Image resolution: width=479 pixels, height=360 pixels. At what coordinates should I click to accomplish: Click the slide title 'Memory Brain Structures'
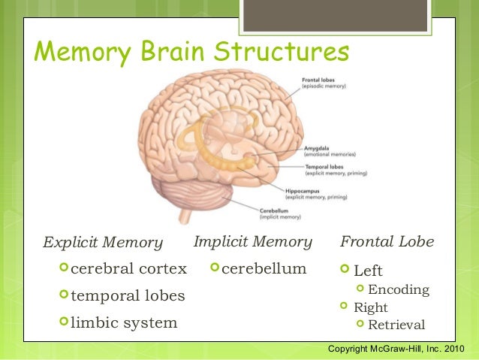(x=191, y=53)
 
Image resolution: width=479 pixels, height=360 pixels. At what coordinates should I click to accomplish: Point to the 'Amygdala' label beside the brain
(x=316, y=148)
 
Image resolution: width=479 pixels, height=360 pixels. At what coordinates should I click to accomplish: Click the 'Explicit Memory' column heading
(x=102, y=242)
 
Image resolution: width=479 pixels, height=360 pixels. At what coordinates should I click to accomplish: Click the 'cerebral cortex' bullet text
(x=128, y=269)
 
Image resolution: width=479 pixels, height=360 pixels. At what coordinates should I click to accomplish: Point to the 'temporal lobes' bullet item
(x=128, y=296)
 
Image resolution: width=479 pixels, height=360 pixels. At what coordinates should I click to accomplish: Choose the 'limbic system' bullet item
(x=124, y=323)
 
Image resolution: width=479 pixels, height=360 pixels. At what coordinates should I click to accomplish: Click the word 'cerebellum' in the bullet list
(x=264, y=268)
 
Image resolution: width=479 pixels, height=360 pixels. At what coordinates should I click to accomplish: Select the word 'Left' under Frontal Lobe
(x=368, y=271)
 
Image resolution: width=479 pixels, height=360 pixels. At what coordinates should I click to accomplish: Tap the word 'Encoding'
(x=399, y=289)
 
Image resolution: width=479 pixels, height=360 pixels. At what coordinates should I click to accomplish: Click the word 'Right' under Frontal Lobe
(x=370, y=307)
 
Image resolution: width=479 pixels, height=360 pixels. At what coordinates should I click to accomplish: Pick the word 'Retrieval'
(x=396, y=325)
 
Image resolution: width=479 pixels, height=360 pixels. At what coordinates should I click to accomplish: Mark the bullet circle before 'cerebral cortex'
(x=63, y=268)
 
